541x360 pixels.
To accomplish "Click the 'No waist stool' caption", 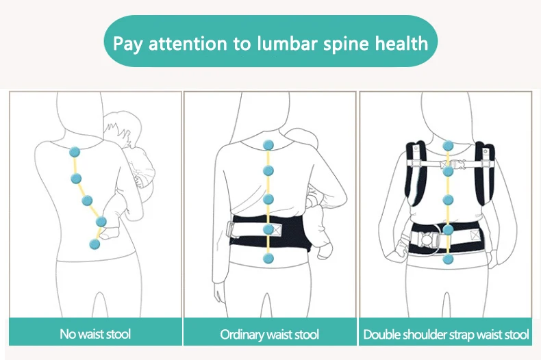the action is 95,334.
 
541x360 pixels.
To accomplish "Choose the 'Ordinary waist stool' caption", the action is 269,335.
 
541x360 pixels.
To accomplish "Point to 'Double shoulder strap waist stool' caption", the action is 446,335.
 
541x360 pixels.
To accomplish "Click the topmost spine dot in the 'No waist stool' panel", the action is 75,152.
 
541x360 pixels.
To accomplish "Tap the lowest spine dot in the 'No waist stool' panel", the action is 93,242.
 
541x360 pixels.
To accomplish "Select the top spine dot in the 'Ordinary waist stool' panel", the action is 268,144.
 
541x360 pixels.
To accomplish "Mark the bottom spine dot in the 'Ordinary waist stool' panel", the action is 268,258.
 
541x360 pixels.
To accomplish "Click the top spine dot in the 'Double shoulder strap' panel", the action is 448,146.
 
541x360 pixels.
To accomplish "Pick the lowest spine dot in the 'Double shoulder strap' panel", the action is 449,259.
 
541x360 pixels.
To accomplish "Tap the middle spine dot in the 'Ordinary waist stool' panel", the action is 268,199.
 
